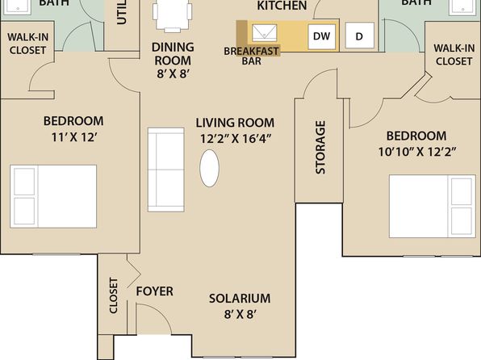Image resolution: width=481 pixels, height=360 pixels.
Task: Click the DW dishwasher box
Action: coord(321,36)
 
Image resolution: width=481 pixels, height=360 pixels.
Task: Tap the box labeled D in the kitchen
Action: coord(359,36)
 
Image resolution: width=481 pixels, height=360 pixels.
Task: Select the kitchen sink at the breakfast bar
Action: coord(265,33)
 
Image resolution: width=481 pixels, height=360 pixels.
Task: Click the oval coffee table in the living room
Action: coord(209,168)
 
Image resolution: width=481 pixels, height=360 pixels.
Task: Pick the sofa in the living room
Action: coord(166,170)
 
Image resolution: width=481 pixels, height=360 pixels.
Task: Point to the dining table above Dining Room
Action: coord(173,15)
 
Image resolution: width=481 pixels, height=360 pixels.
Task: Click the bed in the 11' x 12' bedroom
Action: coord(53,196)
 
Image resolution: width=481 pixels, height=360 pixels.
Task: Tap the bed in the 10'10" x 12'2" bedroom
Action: coord(433,207)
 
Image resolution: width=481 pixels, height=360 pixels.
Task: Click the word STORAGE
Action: coord(320,148)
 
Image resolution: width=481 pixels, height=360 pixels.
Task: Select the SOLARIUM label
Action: coord(240,299)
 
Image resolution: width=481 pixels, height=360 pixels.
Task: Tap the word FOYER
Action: coord(155,291)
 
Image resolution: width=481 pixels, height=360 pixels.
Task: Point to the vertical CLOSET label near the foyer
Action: coord(114,295)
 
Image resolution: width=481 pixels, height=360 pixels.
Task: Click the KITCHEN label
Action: coord(282,6)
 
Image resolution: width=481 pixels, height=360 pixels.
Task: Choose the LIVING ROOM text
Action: coord(236,123)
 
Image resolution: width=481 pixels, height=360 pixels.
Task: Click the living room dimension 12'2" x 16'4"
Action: coord(236,139)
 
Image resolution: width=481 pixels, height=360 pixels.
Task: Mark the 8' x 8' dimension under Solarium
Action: coord(240,314)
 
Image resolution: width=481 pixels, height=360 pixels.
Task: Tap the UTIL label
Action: coord(122,12)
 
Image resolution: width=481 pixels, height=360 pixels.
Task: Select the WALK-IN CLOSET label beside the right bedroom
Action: coord(454,55)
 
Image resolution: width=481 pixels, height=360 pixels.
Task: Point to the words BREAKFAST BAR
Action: coord(252,56)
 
